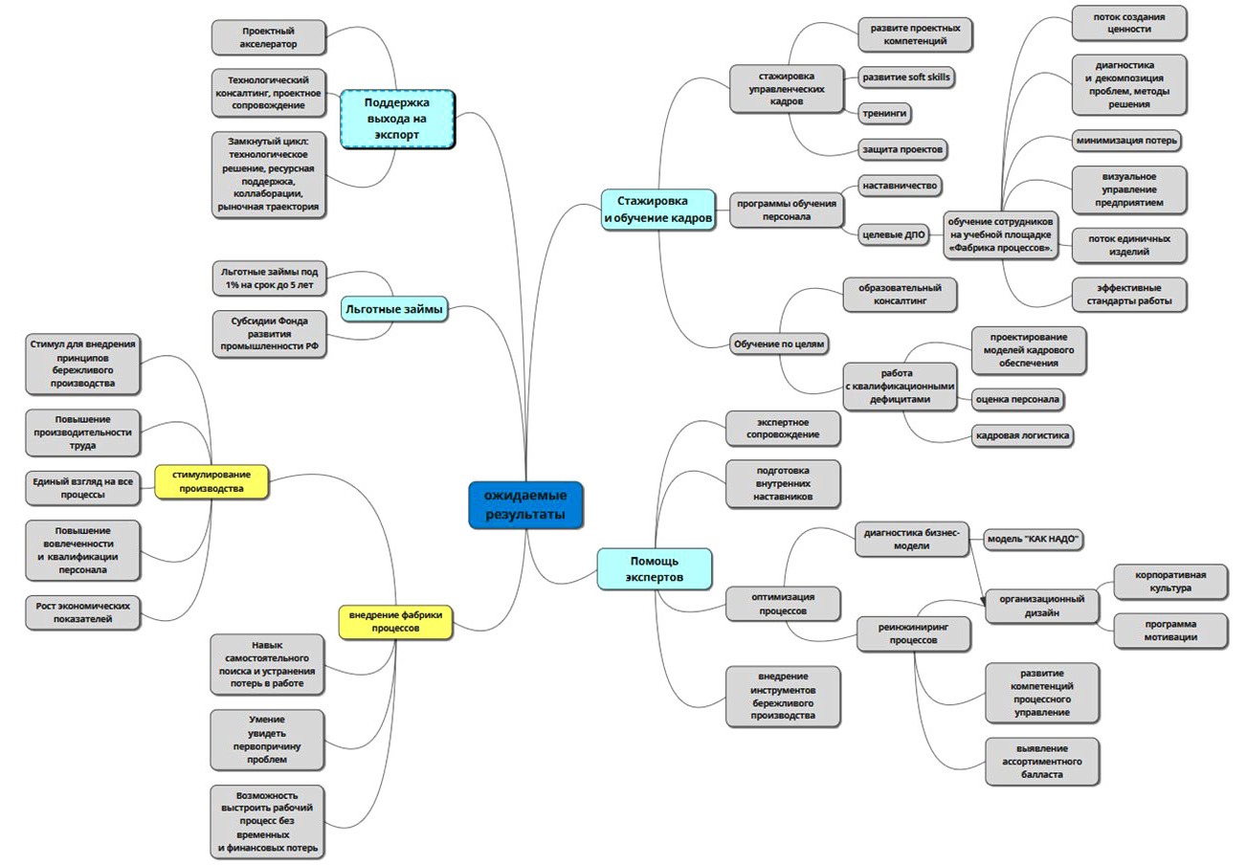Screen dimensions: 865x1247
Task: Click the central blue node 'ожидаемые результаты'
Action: [524, 505]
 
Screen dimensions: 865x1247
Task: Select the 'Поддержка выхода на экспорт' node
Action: [396, 119]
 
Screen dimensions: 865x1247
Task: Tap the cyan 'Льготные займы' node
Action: [393, 308]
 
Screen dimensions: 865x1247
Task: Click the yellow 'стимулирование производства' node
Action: [211, 480]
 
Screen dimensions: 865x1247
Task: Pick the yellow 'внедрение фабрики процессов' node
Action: [394, 621]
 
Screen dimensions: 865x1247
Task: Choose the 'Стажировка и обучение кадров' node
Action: [657, 211]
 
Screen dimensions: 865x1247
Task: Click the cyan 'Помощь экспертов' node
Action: [655, 567]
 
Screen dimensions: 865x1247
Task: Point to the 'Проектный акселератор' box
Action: [269, 37]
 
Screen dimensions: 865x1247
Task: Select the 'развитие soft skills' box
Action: [906, 77]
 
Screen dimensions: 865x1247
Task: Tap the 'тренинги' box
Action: [882, 113]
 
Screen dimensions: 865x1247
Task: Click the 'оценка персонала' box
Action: [1018, 398]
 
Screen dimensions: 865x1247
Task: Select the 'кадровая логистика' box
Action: [1022, 435]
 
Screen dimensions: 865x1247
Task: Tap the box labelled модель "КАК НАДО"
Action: [1036, 540]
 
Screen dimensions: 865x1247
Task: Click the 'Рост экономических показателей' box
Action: [83, 612]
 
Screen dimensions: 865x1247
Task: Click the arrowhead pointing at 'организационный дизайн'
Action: [985, 603]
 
